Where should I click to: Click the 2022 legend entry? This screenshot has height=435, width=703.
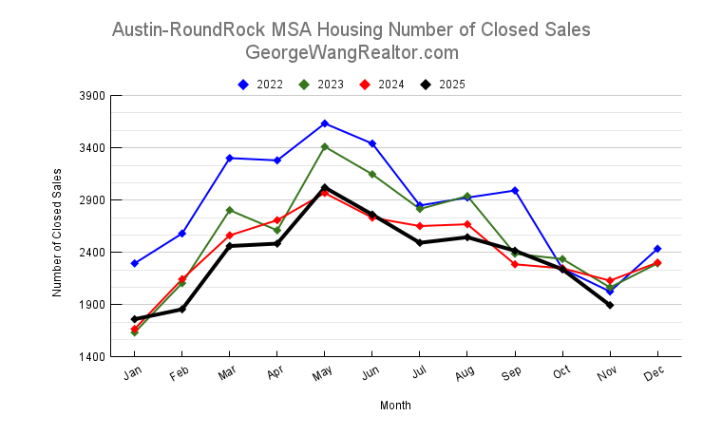pos(260,85)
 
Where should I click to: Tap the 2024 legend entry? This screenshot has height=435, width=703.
pos(382,85)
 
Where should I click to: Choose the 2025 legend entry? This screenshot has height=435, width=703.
pos(443,85)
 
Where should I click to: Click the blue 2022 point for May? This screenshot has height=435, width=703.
pos(325,123)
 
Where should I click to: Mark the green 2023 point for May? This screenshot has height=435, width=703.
pos(325,147)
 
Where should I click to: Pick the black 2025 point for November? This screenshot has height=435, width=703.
pos(610,305)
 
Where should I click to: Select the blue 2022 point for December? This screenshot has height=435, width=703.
pos(657,249)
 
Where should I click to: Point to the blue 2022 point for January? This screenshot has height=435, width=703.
pos(135,263)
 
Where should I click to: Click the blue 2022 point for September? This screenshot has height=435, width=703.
pos(515,191)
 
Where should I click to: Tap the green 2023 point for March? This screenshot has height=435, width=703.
pos(230,210)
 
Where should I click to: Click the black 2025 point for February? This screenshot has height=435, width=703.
pos(182,309)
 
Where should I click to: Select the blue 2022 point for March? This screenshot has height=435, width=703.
pos(230,158)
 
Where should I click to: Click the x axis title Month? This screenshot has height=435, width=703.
pos(395,406)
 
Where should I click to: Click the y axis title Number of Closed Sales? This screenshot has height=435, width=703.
pos(58,232)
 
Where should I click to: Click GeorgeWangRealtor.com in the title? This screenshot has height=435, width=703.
pos(351,53)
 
